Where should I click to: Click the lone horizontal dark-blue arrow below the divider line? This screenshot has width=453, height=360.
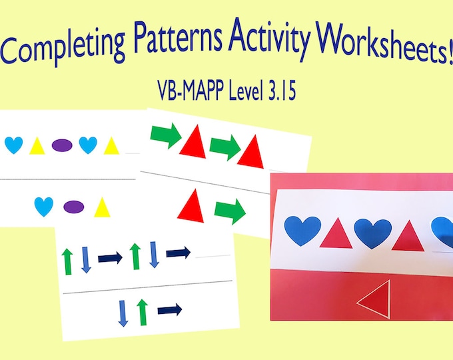(170, 309)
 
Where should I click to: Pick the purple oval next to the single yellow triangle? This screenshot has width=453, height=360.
(73, 207)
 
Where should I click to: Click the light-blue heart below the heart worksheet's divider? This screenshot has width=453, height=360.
(44, 206)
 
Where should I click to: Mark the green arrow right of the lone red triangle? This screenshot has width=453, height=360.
(230, 213)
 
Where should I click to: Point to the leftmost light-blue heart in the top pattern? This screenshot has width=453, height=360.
(14, 144)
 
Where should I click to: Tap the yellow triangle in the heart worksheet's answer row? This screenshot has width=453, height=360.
(101, 208)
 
